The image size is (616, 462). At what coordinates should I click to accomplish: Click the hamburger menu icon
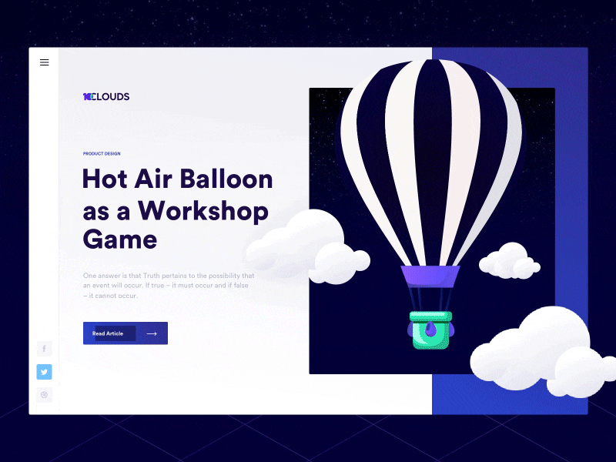(x=44, y=62)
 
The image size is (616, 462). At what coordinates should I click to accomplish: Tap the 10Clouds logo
(x=106, y=97)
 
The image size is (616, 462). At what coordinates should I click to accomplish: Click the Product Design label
(x=102, y=153)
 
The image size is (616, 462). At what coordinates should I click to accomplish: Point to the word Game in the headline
(x=119, y=239)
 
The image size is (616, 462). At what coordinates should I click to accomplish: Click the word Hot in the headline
(x=105, y=179)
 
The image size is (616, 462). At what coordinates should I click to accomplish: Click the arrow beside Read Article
(x=152, y=333)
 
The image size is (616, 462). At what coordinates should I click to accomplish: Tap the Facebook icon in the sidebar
(x=44, y=349)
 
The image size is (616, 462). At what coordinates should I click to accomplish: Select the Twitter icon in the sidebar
(x=44, y=372)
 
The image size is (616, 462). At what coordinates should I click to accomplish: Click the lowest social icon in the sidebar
(x=44, y=395)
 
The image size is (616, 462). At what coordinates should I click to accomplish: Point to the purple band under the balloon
(x=430, y=276)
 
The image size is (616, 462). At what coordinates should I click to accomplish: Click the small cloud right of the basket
(x=510, y=262)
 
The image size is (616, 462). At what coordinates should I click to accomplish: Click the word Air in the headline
(x=154, y=179)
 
